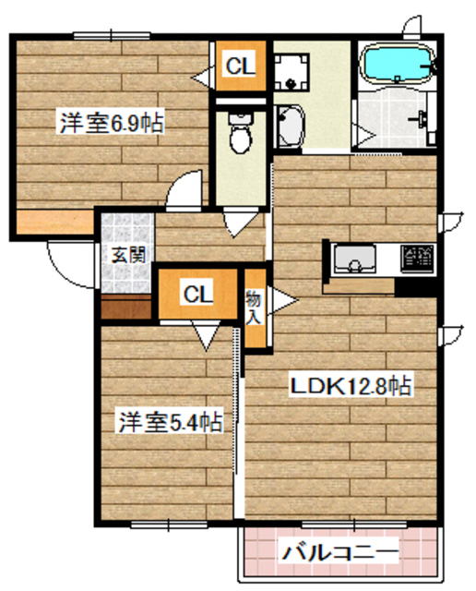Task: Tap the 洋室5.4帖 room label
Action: click(169, 423)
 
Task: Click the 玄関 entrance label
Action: click(128, 256)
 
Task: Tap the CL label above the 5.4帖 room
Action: click(197, 295)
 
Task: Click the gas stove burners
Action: click(417, 258)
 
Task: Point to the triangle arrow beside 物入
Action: click(279, 302)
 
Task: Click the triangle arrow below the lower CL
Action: click(205, 333)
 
